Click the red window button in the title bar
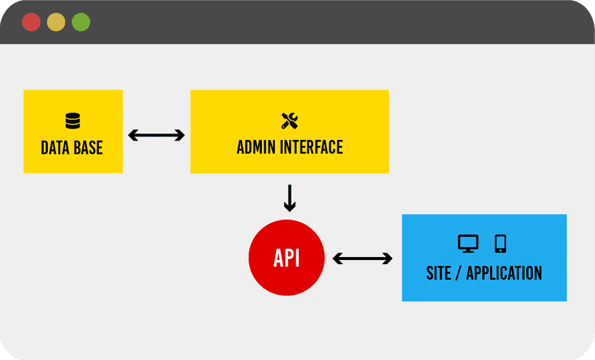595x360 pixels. coord(31,22)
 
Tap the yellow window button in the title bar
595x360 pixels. coord(56,22)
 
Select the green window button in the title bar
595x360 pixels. coord(81,22)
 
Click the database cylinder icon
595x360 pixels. coord(72,121)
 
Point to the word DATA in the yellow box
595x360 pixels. coord(54,148)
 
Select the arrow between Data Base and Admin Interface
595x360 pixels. coord(156,136)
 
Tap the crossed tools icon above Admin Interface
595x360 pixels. coord(289,121)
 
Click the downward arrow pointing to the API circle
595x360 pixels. coord(290,198)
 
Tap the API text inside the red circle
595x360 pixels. coord(286,258)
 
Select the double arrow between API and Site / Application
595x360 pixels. coord(363,259)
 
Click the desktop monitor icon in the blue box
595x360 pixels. coord(468,243)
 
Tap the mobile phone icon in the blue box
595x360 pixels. coord(500,243)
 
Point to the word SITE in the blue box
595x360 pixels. coord(439,273)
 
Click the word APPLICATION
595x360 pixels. coord(504,273)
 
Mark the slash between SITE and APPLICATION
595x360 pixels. coord(458,273)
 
